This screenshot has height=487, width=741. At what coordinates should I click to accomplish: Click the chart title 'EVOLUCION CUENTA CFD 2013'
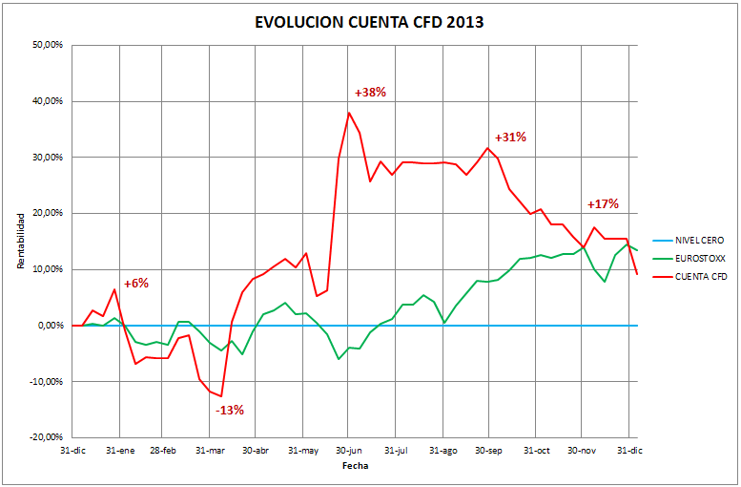click(x=370, y=22)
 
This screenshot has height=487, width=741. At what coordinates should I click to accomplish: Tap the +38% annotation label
click(x=370, y=93)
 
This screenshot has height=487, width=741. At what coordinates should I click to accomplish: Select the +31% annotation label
click(x=510, y=137)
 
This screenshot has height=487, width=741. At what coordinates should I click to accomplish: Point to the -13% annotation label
click(x=229, y=410)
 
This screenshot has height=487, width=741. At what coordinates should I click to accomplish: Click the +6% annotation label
click(x=136, y=283)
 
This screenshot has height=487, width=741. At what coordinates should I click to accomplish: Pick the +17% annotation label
click(x=603, y=203)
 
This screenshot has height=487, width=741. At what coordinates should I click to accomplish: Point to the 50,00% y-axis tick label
click(x=48, y=45)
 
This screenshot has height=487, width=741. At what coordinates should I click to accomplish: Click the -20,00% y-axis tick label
click(x=46, y=437)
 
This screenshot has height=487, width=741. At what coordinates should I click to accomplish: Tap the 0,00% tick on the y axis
click(x=50, y=326)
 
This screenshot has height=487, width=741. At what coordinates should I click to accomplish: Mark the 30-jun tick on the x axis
click(x=349, y=450)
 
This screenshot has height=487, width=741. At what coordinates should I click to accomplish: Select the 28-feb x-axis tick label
click(x=164, y=450)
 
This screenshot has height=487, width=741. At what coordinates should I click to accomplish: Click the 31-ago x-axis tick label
click(x=443, y=450)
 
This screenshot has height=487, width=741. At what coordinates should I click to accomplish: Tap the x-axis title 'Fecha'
click(x=355, y=466)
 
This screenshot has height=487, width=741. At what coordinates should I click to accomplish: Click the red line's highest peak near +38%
click(x=349, y=113)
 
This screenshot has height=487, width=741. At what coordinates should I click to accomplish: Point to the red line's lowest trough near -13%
click(x=221, y=395)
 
